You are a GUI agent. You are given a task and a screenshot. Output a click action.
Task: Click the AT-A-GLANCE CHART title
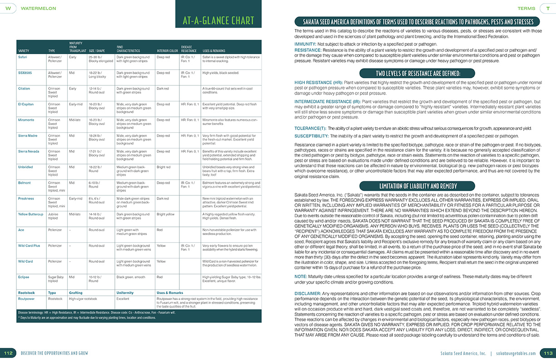click(218, 20)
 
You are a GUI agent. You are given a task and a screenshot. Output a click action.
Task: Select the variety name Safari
click(23, 57)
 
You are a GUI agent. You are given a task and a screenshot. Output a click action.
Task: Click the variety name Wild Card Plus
click(29, 245)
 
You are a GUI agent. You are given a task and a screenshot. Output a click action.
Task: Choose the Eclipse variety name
click(24, 276)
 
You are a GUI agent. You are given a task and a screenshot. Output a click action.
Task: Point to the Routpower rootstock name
click(26, 299)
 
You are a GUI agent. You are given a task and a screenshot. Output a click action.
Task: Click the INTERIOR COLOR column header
click(167, 50)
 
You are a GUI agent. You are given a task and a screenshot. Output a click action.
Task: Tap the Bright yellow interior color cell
click(166, 213)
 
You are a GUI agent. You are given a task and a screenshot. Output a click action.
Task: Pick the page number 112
click(8, 353)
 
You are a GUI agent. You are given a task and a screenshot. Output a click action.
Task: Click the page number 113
click(547, 353)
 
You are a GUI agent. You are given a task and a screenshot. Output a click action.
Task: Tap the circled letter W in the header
click(8, 8)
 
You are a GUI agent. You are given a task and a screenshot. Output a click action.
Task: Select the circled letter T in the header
click(547, 8)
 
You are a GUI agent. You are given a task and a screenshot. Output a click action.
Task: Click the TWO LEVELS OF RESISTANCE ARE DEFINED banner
click(417, 73)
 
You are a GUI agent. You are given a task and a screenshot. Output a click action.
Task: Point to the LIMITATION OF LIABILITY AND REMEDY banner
click(417, 186)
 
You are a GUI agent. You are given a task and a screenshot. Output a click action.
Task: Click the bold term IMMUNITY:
click(308, 44)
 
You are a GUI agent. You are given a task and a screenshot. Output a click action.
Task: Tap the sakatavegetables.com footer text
click(516, 353)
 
